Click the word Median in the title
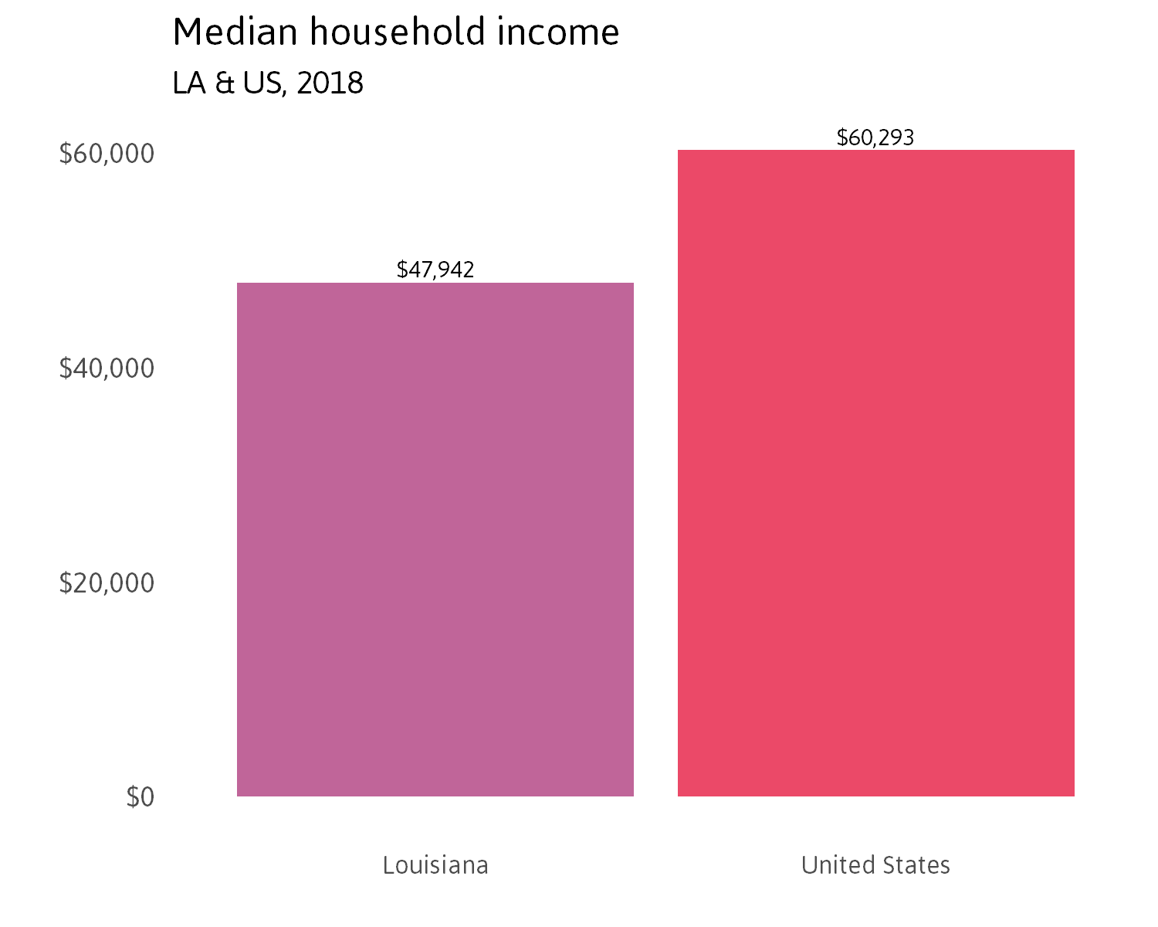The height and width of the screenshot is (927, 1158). click(x=234, y=32)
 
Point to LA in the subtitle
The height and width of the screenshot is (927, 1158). click(x=189, y=83)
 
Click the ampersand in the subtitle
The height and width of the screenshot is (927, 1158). click(x=224, y=83)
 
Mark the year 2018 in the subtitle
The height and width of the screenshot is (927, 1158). click(x=330, y=83)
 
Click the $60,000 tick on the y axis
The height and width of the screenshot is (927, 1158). click(x=107, y=154)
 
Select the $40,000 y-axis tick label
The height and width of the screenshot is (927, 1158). click(x=107, y=368)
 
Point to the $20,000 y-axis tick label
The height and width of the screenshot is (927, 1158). click(x=107, y=582)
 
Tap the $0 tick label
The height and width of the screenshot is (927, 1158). click(x=141, y=796)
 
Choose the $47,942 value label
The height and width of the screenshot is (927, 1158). click(x=435, y=270)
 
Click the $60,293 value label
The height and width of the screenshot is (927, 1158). click(x=875, y=138)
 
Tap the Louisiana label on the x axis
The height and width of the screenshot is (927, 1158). click(x=435, y=864)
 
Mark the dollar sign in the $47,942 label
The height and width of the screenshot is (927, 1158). click(x=401, y=270)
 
